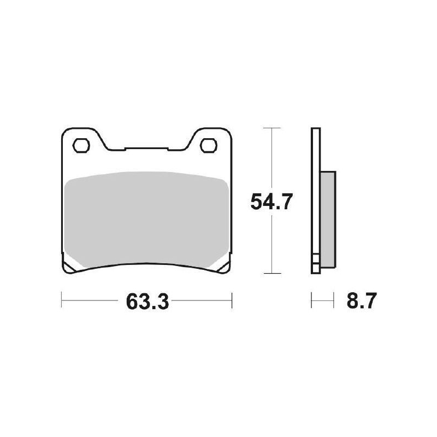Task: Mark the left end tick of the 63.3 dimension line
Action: click(x=62, y=300)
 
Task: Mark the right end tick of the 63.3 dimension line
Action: click(x=232, y=300)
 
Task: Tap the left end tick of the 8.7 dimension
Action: click(x=311, y=300)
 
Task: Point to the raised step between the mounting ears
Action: click(x=145, y=149)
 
